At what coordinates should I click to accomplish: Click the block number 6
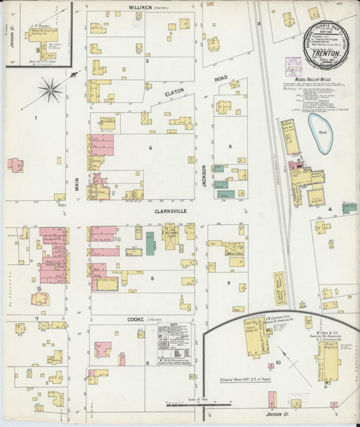151,147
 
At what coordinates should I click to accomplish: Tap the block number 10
278,363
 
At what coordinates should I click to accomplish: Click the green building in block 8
150,243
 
